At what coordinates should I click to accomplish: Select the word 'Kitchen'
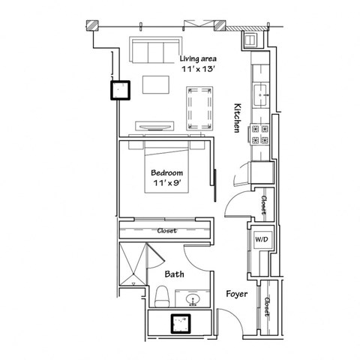click(x=237, y=118)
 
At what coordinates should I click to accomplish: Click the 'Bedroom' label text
click(x=166, y=172)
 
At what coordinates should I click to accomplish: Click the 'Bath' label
click(x=175, y=274)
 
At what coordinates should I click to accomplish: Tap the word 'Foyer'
click(x=237, y=294)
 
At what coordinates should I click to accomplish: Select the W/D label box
click(x=262, y=239)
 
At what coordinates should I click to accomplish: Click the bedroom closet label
click(x=166, y=230)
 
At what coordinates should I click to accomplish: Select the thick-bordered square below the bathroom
click(x=180, y=322)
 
